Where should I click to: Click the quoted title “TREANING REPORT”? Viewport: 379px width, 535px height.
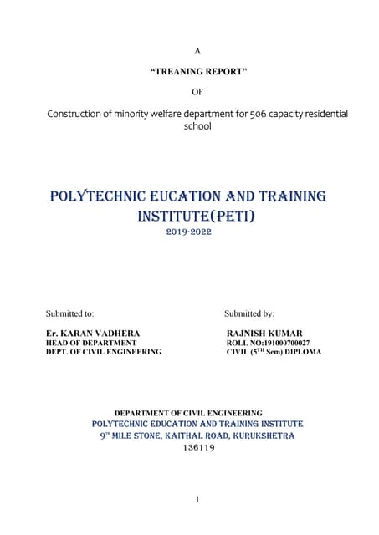(197, 73)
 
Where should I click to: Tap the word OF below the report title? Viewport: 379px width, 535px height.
(197, 92)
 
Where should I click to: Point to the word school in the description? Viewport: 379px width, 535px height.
(197, 128)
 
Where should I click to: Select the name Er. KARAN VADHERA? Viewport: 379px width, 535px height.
(93, 334)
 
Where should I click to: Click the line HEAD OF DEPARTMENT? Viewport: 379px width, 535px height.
(91, 343)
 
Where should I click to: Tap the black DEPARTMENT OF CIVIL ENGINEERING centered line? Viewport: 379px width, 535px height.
(188, 413)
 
